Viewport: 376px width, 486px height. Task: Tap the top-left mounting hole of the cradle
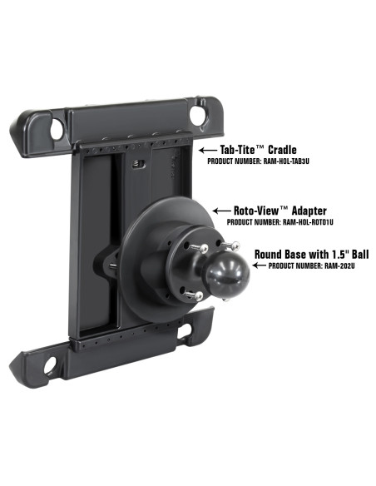point(57,130)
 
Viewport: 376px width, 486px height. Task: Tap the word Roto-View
point(255,211)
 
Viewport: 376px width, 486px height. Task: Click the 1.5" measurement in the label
point(334,254)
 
